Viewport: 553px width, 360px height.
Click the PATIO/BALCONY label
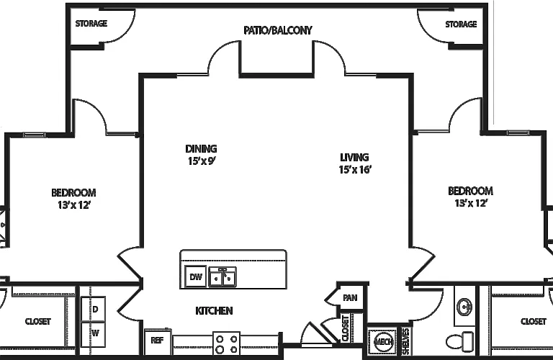[x=278, y=30]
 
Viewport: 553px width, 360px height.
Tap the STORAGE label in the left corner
[x=91, y=24]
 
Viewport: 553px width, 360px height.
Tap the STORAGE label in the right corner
[x=461, y=24]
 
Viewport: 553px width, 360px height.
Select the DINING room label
[x=201, y=149]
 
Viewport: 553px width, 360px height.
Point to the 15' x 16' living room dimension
[x=355, y=170]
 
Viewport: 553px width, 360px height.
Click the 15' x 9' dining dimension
[x=202, y=161]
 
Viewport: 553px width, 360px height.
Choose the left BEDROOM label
[x=73, y=193]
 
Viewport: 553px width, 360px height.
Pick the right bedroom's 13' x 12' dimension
[x=471, y=204]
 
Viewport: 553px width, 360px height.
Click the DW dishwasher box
[x=196, y=276]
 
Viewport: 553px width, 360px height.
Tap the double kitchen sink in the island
[x=222, y=276]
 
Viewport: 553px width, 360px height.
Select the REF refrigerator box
[x=158, y=341]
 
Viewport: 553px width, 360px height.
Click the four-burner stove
[x=226, y=343]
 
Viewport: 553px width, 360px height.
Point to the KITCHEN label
[x=214, y=310]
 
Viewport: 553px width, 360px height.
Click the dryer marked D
[x=93, y=309]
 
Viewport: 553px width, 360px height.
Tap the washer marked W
[x=93, y=334]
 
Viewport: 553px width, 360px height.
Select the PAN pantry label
[x=350, y=298]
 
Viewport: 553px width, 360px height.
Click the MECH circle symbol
[x=383, y=342]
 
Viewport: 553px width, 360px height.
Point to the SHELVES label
[x=405, y=341]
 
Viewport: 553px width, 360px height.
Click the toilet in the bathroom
[x=460, y=341]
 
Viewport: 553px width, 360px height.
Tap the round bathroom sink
[x=465, y=307]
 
